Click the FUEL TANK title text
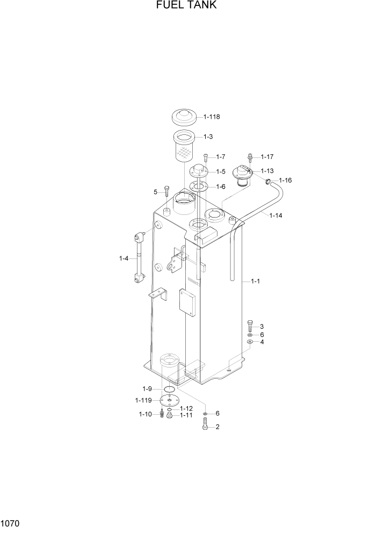point(186,6)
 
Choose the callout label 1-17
point(267,157)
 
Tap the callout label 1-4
point(124,258)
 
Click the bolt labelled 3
point(250,326)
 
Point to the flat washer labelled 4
point(250,342)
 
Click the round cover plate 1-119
point(170,400)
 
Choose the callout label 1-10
point(145,414)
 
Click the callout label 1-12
point(186,408)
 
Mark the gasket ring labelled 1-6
point(198,186)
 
